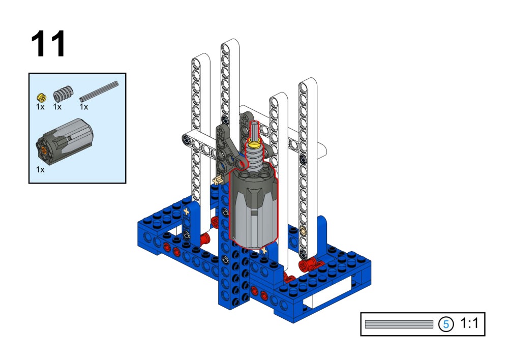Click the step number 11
48,44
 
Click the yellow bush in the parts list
41,97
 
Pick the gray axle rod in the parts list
99,92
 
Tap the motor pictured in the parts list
64,141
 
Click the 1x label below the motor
40,169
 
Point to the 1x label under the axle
84,107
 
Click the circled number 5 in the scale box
446,324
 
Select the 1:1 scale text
469,323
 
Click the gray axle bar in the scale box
399,324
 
